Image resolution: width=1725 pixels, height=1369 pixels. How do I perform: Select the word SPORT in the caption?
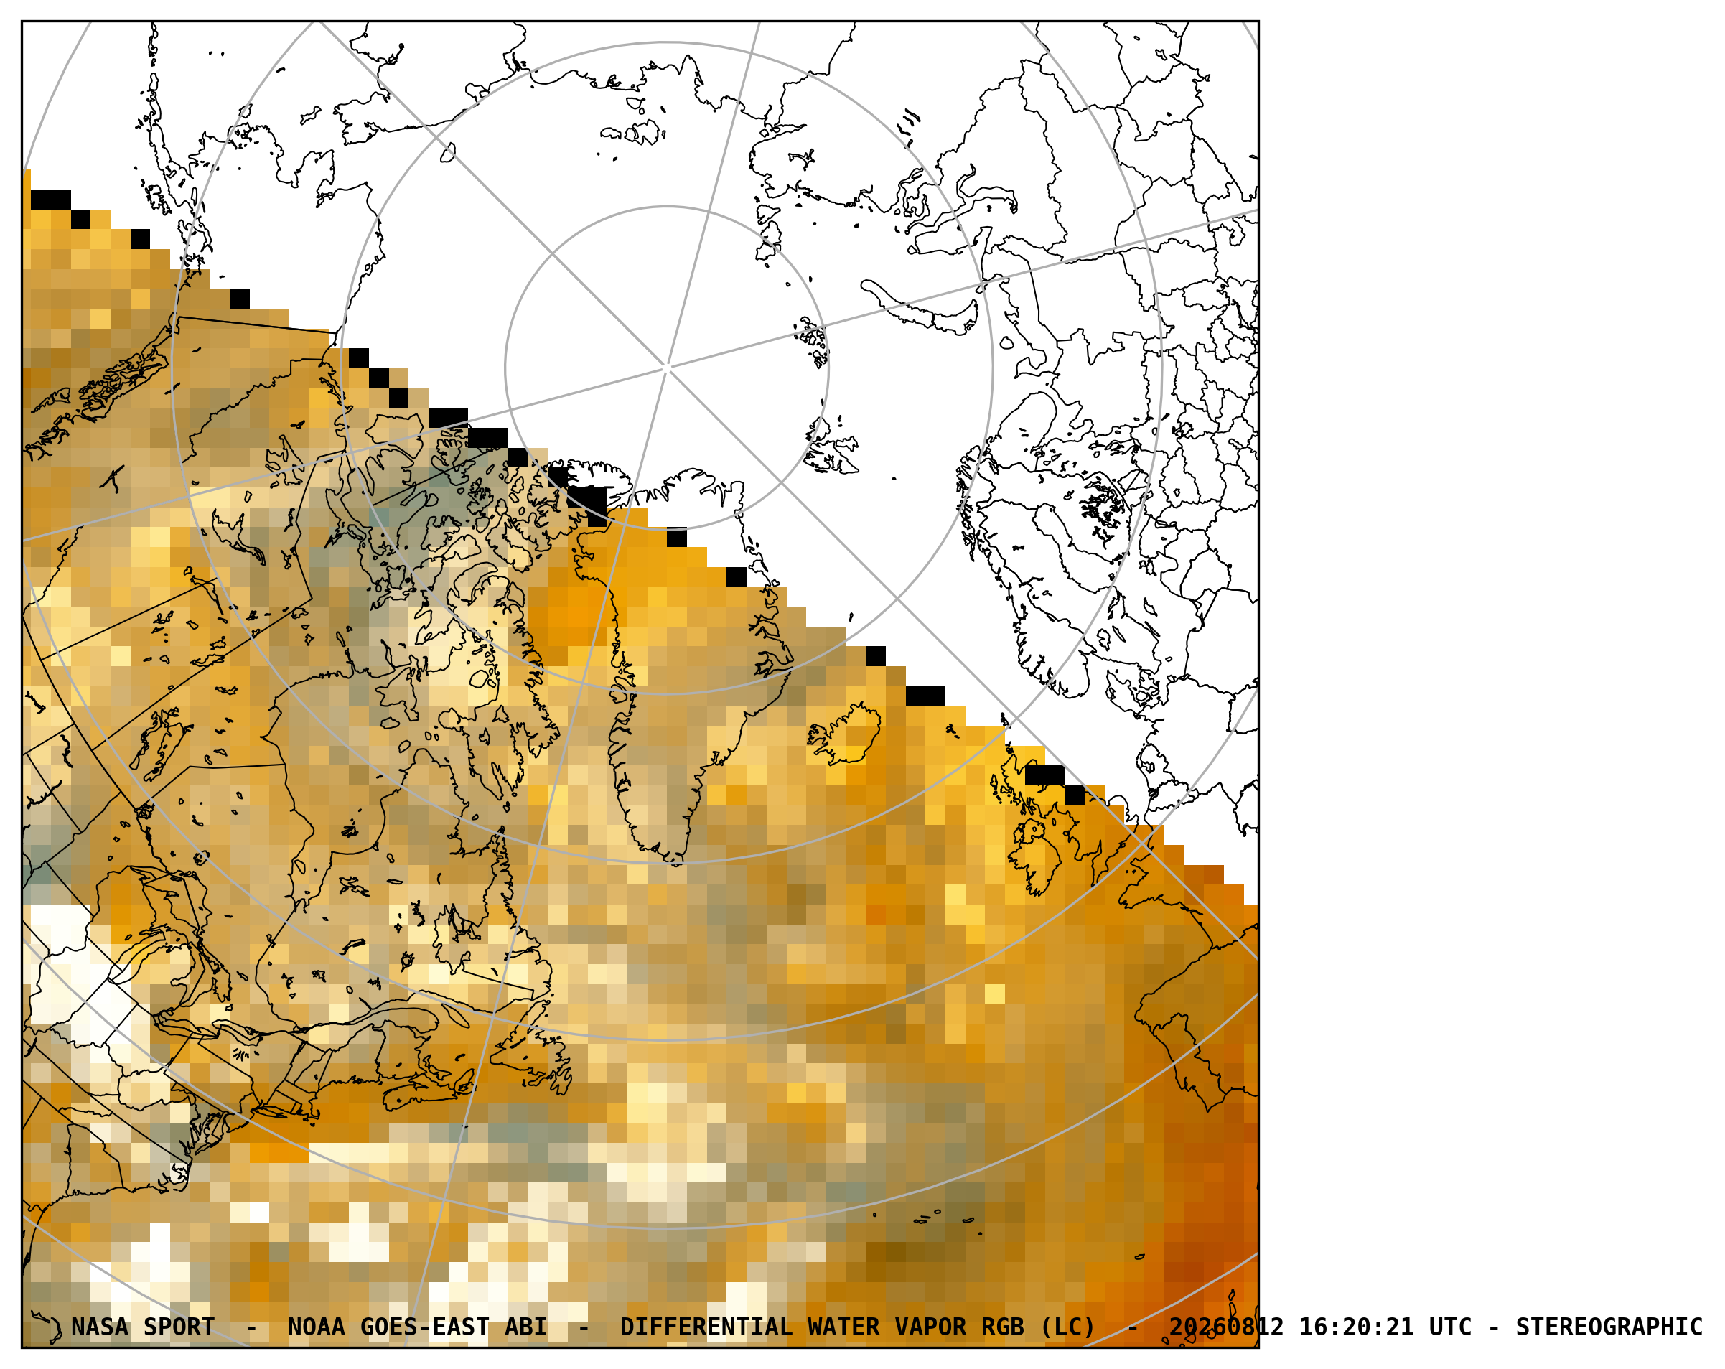179,1327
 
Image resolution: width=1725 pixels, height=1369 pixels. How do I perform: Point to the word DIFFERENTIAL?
706,1327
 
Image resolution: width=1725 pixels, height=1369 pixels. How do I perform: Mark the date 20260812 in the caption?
1227,1327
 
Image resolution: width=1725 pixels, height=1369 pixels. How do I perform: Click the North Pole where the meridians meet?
666,368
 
